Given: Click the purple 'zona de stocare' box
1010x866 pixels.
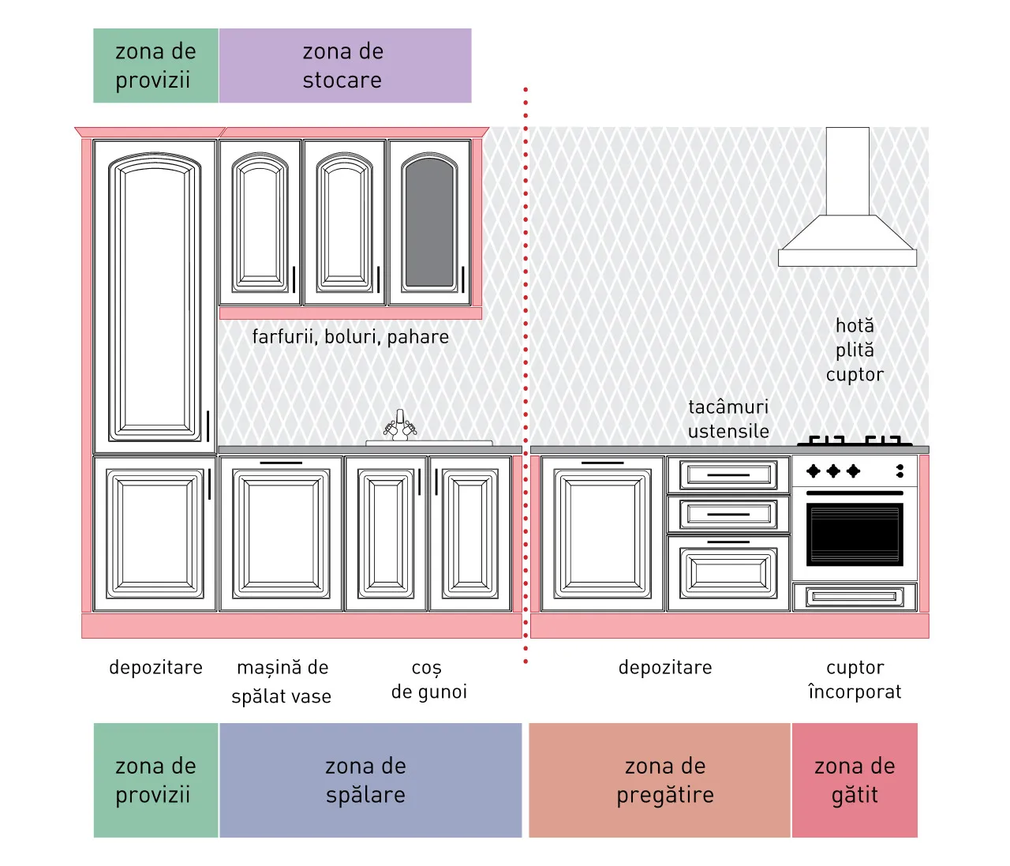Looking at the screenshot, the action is pyautogui.click(x=345, y=66).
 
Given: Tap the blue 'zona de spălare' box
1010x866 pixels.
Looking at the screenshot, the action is pyautogui.click(x=370, y=781).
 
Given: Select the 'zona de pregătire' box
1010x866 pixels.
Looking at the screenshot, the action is pyautogui.click(x=660, y=781).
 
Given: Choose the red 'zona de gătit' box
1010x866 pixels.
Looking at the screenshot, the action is pyautogui.click(x=855, y=781).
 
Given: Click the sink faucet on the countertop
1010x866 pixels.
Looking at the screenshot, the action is pyautogui.click(x=400, y=426).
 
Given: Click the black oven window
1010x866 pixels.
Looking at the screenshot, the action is pyautogui.click(x=855, y=534).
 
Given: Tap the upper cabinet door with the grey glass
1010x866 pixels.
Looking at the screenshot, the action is pyautogui.click(x=429, y=223).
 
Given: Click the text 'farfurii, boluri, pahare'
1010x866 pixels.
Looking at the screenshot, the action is pyautogui.click(x=350, y=337).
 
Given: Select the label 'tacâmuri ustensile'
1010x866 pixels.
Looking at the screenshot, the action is pyautogui.click(x=728, y=419).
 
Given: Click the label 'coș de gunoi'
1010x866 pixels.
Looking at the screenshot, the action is pyautogui.click(x=429, y=680).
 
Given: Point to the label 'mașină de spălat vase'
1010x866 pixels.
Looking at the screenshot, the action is pyautogui.click(x=282, y=682).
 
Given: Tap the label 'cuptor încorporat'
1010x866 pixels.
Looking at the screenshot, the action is pyautogui.click(x=855, y=680).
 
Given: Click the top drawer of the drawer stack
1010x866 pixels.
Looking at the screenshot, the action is pyautogui.click(x=728, y=474).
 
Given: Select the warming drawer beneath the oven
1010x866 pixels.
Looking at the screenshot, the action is pyautogui.click(x=855, y=597).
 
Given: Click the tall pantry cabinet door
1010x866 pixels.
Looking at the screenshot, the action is pyautogui.click(x=155, y=297).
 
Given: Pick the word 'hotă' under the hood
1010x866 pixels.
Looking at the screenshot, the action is pyautogui.click(x=855, y=326).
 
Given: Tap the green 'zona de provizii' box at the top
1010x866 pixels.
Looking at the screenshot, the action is pyautogui.click(x=156, y=66).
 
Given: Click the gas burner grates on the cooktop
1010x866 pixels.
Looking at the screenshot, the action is pyautogui.click(x=855, y=440).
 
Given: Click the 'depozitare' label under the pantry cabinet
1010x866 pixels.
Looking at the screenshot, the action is pyautogui.click(x=156, y=668).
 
